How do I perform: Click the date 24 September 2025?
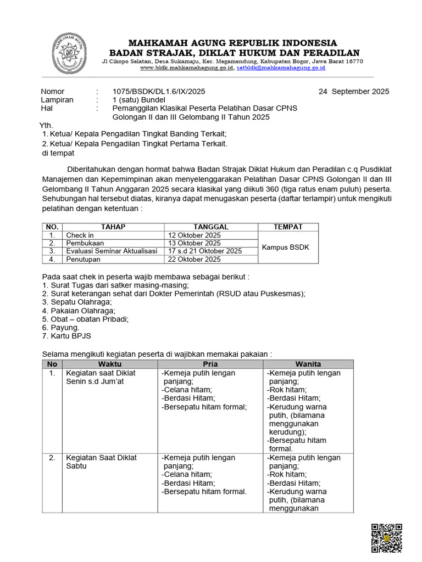pyautogui.click(x=353, y=92)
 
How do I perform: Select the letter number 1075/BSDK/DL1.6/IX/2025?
pyautogui.click(x=159, y=92)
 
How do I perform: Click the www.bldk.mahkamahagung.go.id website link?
pyautogui.click(x=187, y=68)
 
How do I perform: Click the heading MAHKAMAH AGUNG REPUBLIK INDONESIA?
pyautogui.click(x=233, y=43)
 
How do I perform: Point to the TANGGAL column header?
pyautogui.click(x=211, y=227)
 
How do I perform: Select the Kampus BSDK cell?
pyautogui.click(x=285, y=247)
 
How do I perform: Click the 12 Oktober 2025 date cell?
pyautogui.click(x=195, y=235)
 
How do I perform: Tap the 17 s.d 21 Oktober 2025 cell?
pyautogui.click(x=205, y=251)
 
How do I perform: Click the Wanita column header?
pyautogui.click(x=308, y=364)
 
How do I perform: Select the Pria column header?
pyautogui.click(x=210, y=364)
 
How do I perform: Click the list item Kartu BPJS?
pyautogui.click(x=67, y=336)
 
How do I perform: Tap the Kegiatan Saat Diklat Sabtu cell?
pyautogui.click(x=101, y=462)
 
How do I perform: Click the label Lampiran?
pyautogui.click(x=57, y=100)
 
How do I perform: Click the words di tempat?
pyautogui.click(x=58, y=153)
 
